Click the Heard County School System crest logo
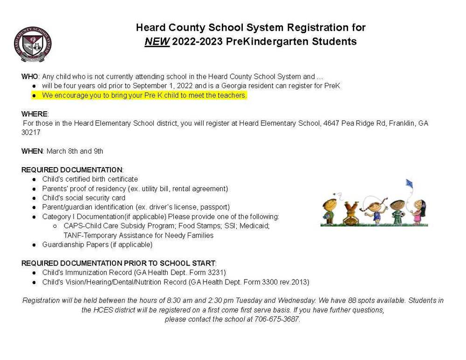point(33,44)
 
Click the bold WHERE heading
point(34,114)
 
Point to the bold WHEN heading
point(32,151)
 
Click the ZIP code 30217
point(31,133)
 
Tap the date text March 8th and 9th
point(75,151)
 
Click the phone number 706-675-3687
point(276,319)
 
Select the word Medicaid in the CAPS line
point(255,226)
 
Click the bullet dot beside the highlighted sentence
point(34,95)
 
